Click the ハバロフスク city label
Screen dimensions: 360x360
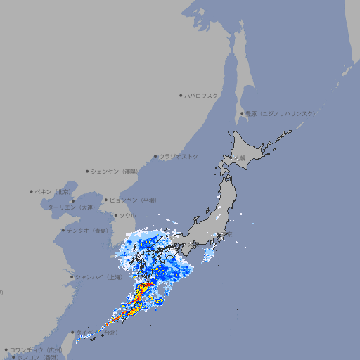[x=202, y=95]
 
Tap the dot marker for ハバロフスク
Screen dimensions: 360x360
[x=181, y=95]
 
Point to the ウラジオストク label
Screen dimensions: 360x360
[x=179, y=156]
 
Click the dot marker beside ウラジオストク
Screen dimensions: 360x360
[x=155, y=156]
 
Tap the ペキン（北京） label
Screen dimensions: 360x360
[x=54, y=191]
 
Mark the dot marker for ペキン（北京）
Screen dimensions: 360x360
[x=32, y=191]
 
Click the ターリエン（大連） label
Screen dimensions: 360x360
[x=71, y=207]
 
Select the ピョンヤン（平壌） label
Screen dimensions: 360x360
[x=134, y=200]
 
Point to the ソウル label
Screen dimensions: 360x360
[x=127, y=215]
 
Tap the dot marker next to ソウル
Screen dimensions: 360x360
[x=115, y=215]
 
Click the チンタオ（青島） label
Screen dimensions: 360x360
[x=87, y=230]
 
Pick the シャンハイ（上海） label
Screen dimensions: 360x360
[x=99, y=277]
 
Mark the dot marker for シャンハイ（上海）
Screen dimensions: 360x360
[x=72, y=277]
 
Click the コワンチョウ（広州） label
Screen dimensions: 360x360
[x=36, y=349]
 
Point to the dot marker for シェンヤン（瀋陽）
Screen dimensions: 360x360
[x=87, y=171]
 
